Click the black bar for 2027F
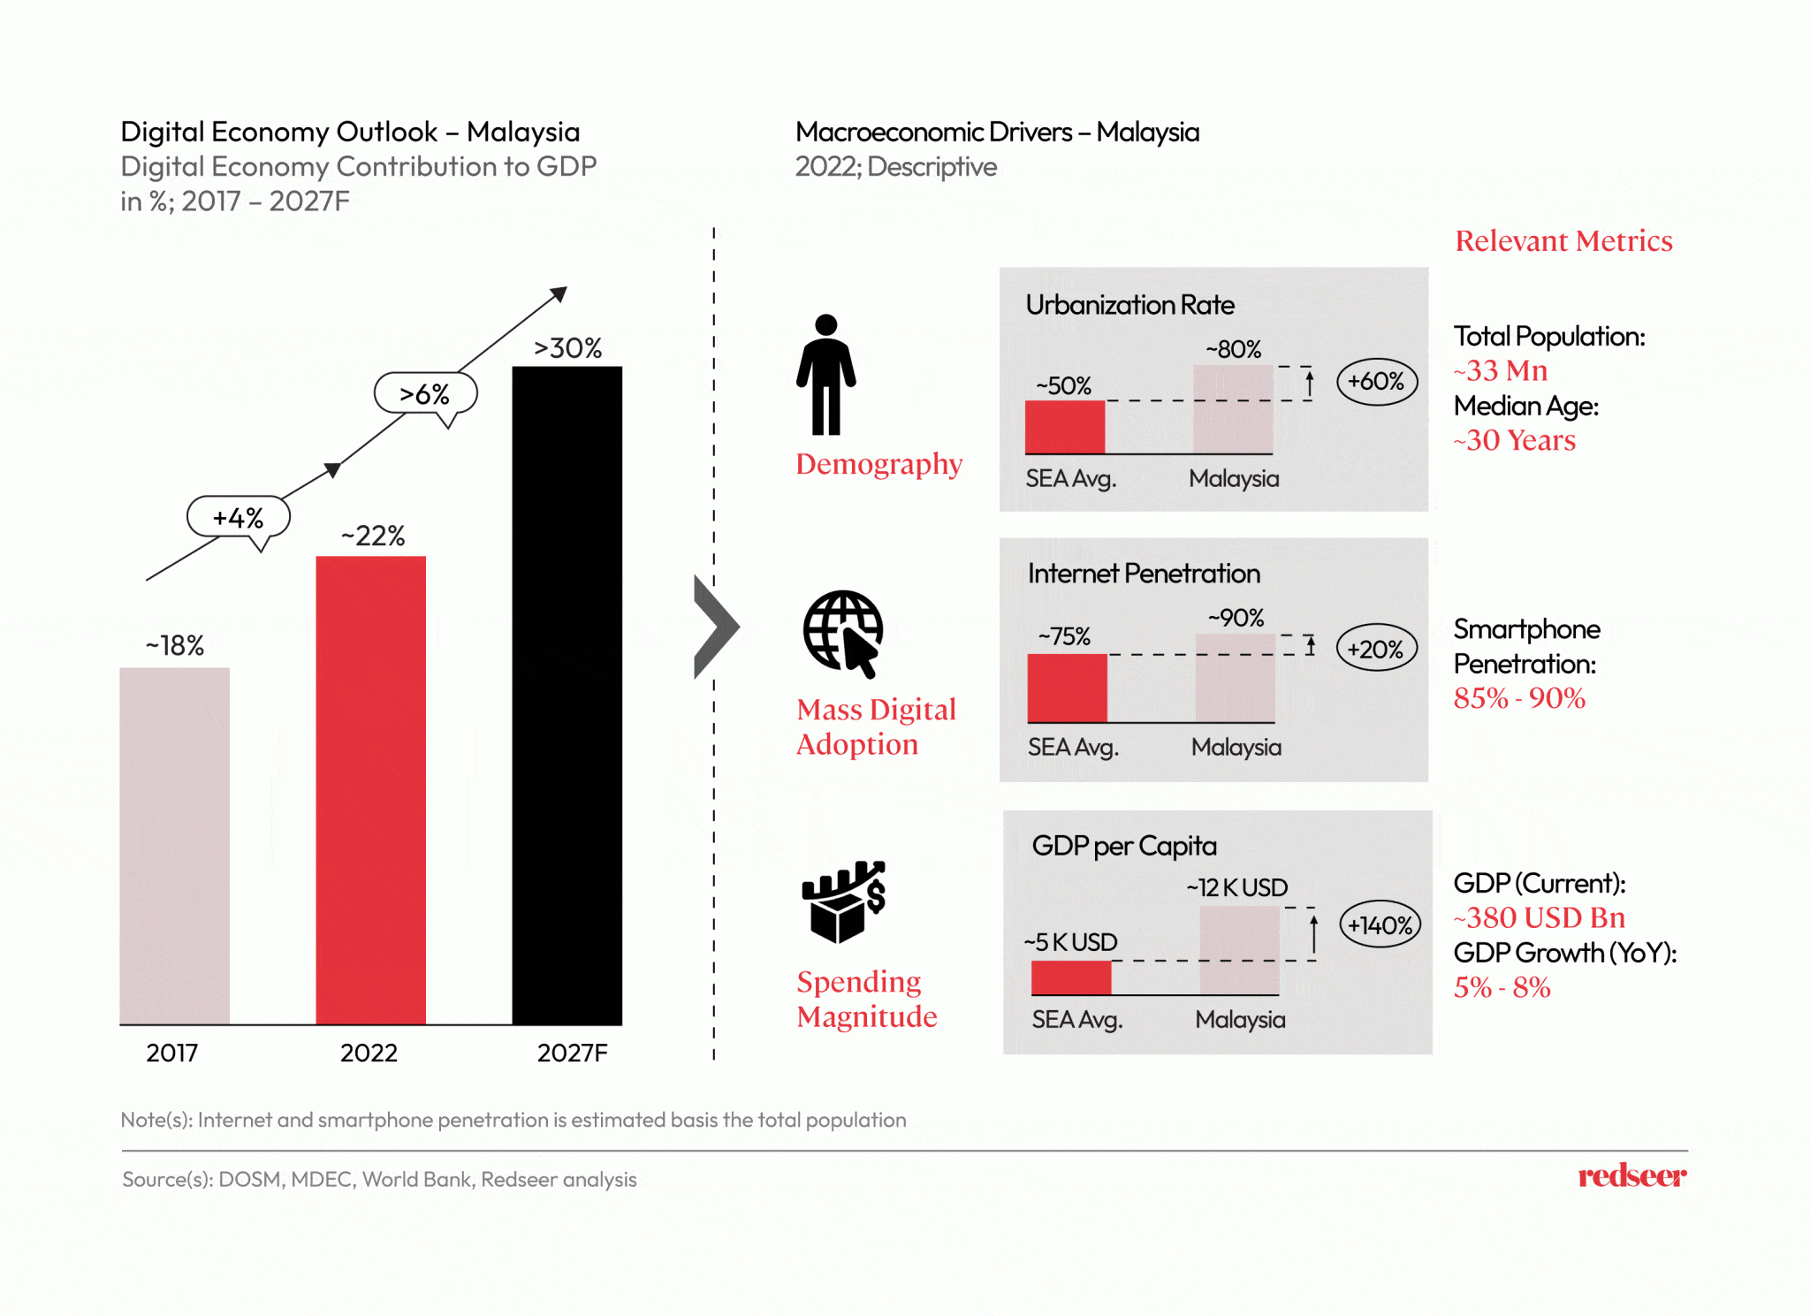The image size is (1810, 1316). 567,695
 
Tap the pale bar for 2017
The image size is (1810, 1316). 174,845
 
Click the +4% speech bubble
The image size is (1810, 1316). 238,517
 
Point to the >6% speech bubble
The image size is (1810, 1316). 425,393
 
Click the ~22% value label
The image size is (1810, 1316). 373,536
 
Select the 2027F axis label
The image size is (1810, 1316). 572,1053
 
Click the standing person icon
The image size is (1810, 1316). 825,375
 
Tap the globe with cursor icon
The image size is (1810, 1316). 843,633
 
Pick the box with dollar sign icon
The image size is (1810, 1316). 843,901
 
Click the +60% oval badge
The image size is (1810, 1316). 1376,382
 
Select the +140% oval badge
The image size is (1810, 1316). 1380,925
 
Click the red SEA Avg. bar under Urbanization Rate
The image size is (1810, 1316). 1065,427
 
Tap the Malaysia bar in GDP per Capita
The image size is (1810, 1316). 1239,950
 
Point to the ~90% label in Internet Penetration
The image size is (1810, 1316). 1236,618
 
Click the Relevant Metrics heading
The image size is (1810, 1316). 1563,240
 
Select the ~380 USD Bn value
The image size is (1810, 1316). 1539,917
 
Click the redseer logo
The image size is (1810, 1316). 1631,1175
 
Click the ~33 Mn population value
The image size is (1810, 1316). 1501,370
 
